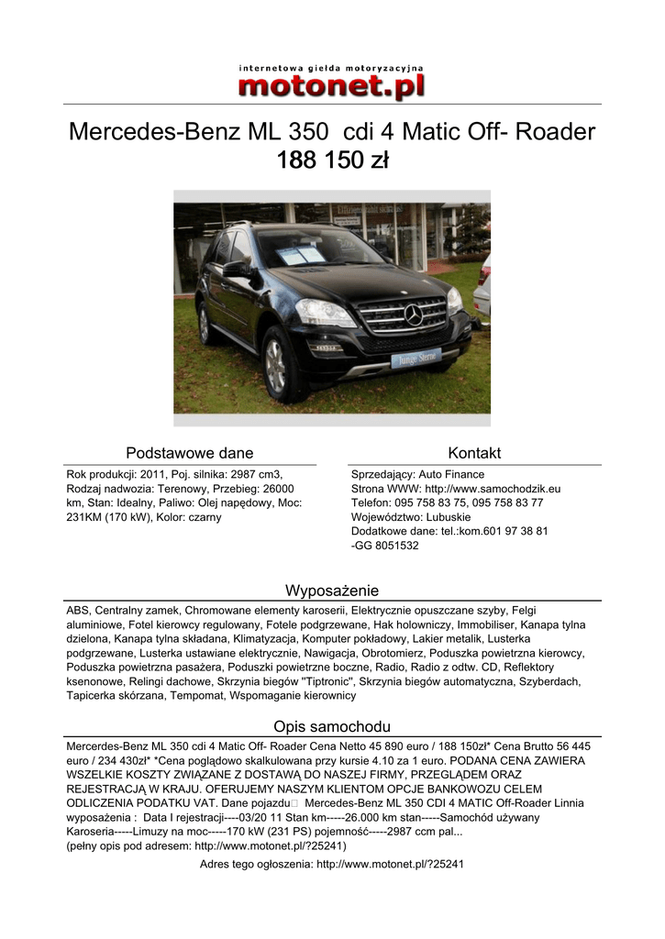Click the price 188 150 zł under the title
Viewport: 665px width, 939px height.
(x=332, y=161)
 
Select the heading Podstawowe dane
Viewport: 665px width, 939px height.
(x=189, y=453)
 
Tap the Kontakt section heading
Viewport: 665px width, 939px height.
(x=474, y=453)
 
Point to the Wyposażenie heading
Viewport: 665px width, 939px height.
(x=332, y=590)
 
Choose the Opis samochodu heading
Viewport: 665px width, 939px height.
(x=332, y=726)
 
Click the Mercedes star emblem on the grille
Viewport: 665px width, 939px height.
(x=413, y=315)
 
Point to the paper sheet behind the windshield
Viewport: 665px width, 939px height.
(x=302, y=254)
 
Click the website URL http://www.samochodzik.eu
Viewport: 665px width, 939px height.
(x=493, y=489)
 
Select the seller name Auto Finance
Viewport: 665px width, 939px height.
(x=451, y=475)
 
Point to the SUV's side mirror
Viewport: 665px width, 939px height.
(x=237, y=269)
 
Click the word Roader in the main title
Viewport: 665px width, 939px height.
(x=556, y=132)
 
